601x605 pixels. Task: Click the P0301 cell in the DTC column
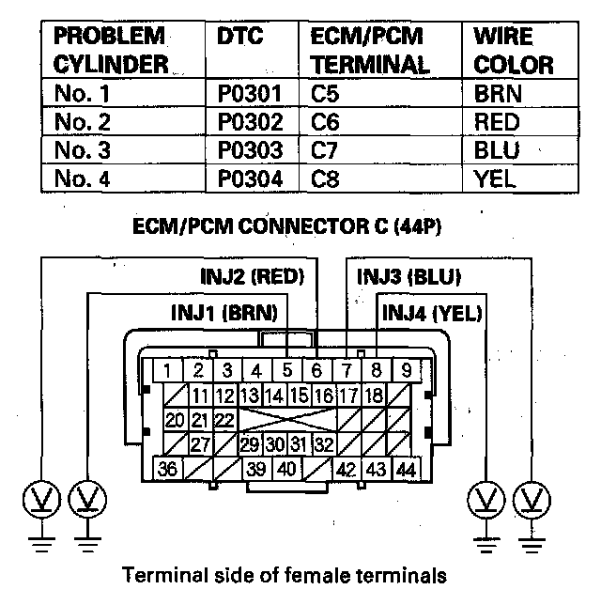click(248, 95)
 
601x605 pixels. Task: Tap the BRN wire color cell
click(499, 95)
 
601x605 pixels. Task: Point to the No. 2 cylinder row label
click(80, 122)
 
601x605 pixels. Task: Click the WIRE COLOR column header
click(513, 52)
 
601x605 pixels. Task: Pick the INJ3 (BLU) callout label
click(407, 277)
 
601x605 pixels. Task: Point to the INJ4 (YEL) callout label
click(431, 313)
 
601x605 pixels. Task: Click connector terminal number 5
click(287, 371)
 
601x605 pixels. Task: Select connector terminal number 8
click(376, 371)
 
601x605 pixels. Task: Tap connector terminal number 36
click(170, 469)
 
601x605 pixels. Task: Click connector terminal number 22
click(223, 419)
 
